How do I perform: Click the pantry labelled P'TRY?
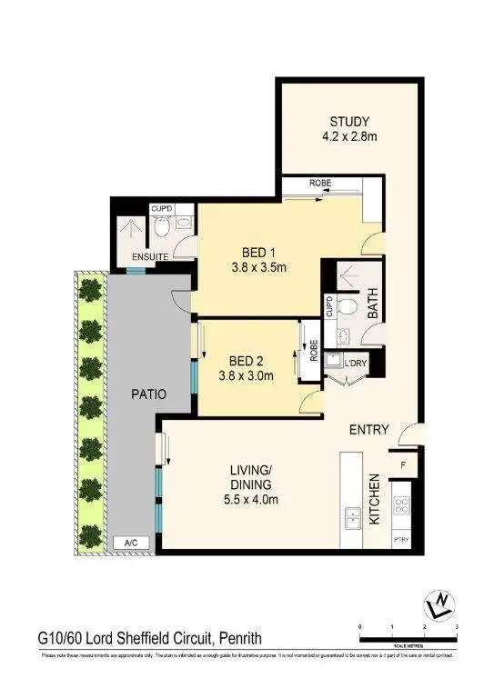tap(401, 539)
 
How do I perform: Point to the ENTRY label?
tap(369, 430)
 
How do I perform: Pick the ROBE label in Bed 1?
tap(319, 184)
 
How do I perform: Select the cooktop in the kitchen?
tap(401, 505)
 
